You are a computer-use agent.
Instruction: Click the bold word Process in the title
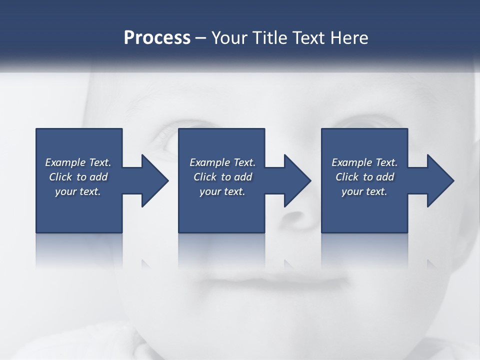pos(157,38)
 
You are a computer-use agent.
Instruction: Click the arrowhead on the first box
pos(152,180)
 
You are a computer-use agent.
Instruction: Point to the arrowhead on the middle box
pos(295,180)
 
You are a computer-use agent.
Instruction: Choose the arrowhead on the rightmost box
pos(438,180)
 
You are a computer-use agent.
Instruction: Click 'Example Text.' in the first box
pos(78,162)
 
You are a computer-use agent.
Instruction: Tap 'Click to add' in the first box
pos(78,177)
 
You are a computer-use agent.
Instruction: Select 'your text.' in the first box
pos(78,191)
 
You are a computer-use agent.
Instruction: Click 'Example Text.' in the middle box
pos(222,162)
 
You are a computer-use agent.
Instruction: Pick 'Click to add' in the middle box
pos(222,177)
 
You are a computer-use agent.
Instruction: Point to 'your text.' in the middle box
pos(222,191)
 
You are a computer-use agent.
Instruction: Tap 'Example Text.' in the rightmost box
pos(364,162)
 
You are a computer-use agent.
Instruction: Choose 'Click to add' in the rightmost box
pos(364,177)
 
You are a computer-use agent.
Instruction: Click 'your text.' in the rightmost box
pos(364,191)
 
